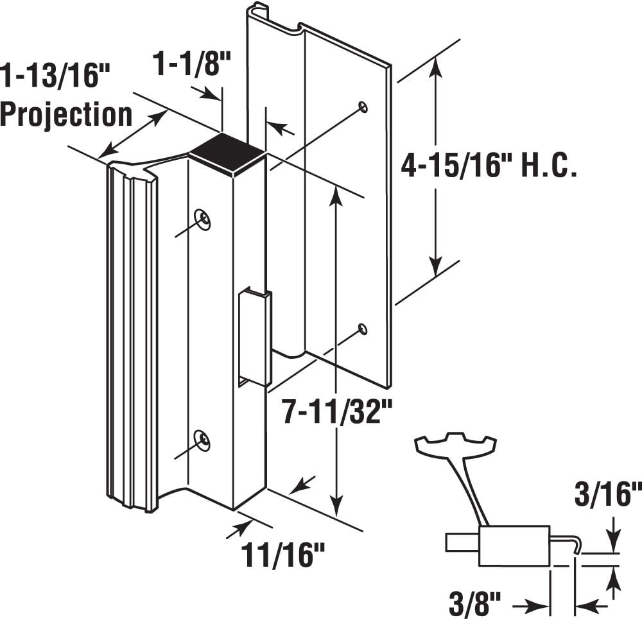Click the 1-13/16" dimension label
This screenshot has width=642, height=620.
tap(53, 76)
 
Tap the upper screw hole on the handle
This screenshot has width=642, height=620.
tap(204, 219)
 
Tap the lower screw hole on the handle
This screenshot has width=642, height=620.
tap(204, 439)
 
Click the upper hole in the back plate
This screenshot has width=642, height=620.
tap(363, 107)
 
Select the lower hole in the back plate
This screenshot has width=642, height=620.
tap(363, 329)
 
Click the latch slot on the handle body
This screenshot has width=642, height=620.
tap(254, 337)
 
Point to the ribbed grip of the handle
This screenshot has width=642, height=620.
tap(132, 334)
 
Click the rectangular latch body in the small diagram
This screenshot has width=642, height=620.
tap(514, 546)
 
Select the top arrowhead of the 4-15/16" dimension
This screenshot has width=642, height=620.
tap(437, 64)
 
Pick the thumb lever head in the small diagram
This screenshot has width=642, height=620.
tap(456, 444)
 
